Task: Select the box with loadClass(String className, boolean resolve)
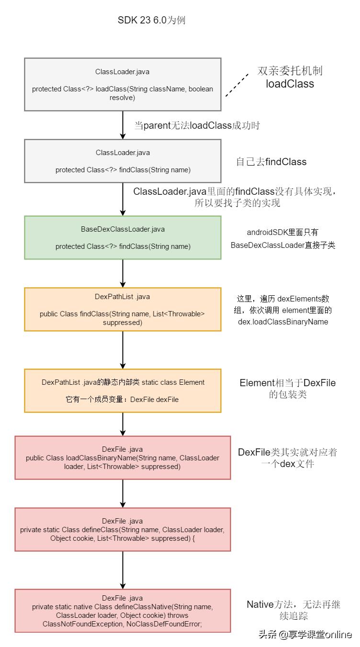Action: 123,84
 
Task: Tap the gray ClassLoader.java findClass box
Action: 123,161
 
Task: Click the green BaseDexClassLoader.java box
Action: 123,237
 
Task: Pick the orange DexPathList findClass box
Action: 123,309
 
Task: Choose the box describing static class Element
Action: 123,390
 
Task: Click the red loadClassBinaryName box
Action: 123,457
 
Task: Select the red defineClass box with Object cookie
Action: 123,529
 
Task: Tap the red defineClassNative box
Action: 123,611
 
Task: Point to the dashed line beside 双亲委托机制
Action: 238,85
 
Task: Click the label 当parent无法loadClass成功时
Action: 197,125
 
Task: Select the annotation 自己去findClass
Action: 271,162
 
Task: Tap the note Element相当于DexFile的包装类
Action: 288,389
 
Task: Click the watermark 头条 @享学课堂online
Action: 305,635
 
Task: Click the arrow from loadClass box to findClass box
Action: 123,125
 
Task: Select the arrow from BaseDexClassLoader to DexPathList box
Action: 123,273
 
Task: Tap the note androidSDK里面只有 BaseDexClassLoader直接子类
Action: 282,238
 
